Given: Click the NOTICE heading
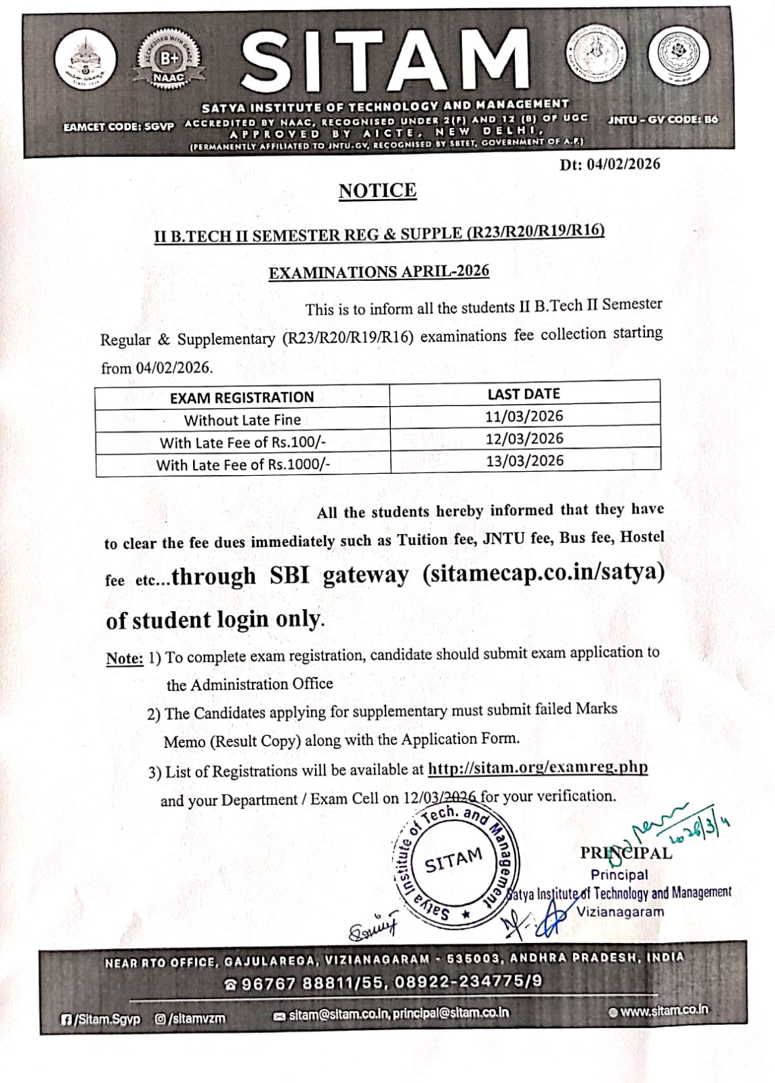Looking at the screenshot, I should tap(377, 191).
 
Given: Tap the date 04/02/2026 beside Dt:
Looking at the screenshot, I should tap(623, 164).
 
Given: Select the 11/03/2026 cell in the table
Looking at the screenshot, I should tap(524, 416).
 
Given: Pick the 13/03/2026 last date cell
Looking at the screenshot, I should tap(524, 460).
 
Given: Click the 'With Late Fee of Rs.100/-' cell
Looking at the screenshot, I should tap(243, 443).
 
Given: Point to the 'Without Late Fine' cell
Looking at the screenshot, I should tap(243, 420).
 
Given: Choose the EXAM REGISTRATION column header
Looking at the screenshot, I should tap(242, 397).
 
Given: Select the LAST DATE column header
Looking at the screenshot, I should tap(524, 393).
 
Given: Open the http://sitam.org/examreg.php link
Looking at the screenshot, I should tap(538, 768).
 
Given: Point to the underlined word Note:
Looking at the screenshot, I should tap(125, 659).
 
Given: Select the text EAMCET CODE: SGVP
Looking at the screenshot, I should tap(119, 127).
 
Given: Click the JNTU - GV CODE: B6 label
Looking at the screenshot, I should tap(663, 120).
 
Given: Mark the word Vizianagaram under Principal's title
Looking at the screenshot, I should tap(620, 911).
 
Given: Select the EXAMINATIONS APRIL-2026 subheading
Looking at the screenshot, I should tap(379, 272).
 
